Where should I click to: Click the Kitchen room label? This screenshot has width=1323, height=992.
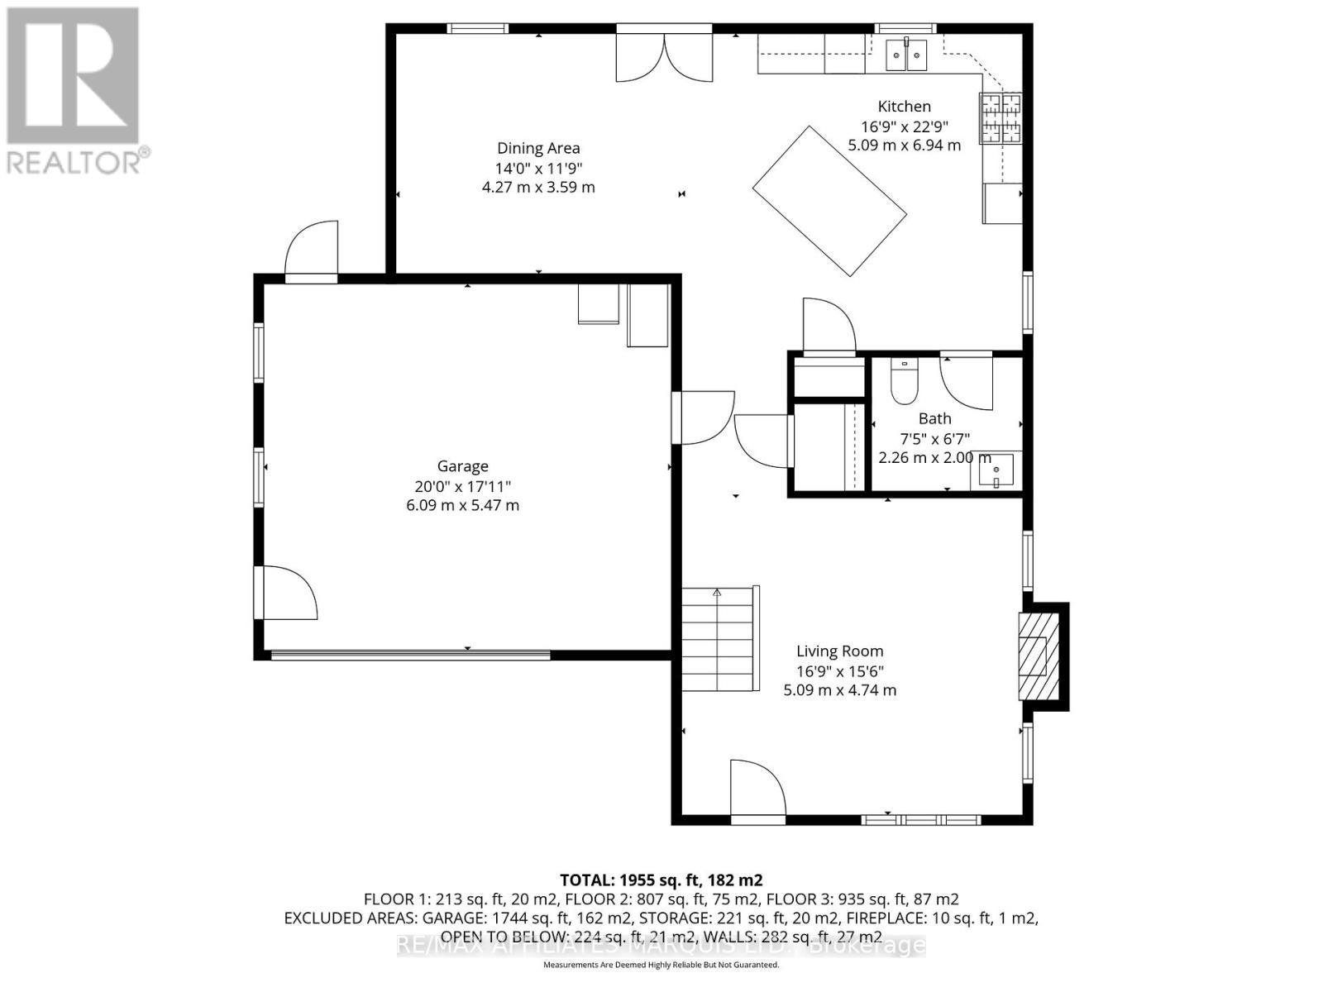904,107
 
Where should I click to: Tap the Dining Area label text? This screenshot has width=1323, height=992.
538,149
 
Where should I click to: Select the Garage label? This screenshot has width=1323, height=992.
462,466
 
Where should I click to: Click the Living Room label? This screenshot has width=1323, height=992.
839,651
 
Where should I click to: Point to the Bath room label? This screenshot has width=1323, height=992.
934,419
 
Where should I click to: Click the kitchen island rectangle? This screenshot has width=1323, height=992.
829,201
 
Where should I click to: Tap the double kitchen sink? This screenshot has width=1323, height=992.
907,56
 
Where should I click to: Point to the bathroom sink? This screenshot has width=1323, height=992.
996,470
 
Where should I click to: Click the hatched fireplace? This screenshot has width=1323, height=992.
1039,656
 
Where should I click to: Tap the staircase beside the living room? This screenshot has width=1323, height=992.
718,639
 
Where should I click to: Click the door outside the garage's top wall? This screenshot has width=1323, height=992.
312,250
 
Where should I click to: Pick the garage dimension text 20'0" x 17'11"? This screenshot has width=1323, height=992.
462,486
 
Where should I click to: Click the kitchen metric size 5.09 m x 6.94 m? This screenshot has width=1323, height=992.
904,145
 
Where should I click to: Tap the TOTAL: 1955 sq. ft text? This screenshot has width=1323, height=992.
661,880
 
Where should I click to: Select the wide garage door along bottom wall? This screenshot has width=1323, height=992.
411,655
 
